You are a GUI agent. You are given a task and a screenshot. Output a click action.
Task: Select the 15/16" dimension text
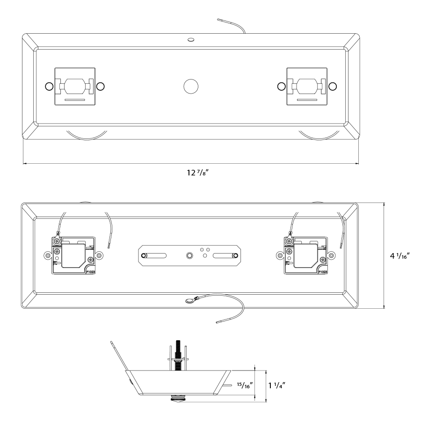tap(244, 385)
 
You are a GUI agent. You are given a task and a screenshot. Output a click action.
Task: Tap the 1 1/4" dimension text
tap(277, 385)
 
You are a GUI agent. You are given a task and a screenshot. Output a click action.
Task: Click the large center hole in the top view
tap(191, 86)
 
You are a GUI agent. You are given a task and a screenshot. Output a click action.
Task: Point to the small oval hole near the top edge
tap(190, 40)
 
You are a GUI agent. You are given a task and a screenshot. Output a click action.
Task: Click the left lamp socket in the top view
tap(74, 87)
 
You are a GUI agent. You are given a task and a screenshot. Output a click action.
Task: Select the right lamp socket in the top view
tap(306, 87)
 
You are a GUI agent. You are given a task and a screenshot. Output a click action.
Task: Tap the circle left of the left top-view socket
tap(48, 86)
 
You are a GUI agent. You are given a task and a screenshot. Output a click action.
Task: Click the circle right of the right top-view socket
tap(333, 86)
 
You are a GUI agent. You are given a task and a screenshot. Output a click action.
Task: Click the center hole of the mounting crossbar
tap(189, 255)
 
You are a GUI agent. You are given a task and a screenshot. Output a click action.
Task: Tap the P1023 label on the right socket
tap(322, 271)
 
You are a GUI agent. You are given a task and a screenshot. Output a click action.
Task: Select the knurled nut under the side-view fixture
tap(178, 399)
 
